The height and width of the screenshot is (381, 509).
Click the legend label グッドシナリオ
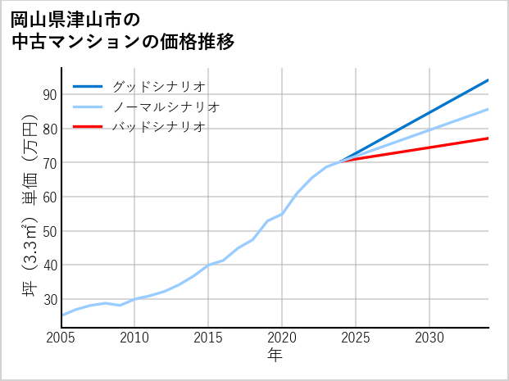click(159, 86)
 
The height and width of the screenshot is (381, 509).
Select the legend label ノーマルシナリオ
click(166, 107)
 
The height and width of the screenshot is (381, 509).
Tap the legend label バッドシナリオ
click(159, 127)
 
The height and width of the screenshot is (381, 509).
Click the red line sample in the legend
click(88, 127)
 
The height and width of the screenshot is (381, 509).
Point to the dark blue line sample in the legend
click(88, 86)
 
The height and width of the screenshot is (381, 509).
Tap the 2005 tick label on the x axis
click(61, 338)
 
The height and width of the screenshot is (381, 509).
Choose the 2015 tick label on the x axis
click(208, 338)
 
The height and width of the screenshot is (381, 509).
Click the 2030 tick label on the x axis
click(429, 338)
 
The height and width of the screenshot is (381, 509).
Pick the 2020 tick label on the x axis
click(282, 338)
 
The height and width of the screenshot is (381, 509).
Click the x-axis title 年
click(275, 356)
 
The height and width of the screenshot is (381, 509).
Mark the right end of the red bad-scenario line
click(489, 138)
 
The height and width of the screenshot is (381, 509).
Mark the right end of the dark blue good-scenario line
click(489, 79)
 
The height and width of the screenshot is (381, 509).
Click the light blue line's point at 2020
click(282, 214)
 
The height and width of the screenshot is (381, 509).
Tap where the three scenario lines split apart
click(341, 161)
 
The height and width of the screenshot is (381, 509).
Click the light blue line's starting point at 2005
click(61, 315)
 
